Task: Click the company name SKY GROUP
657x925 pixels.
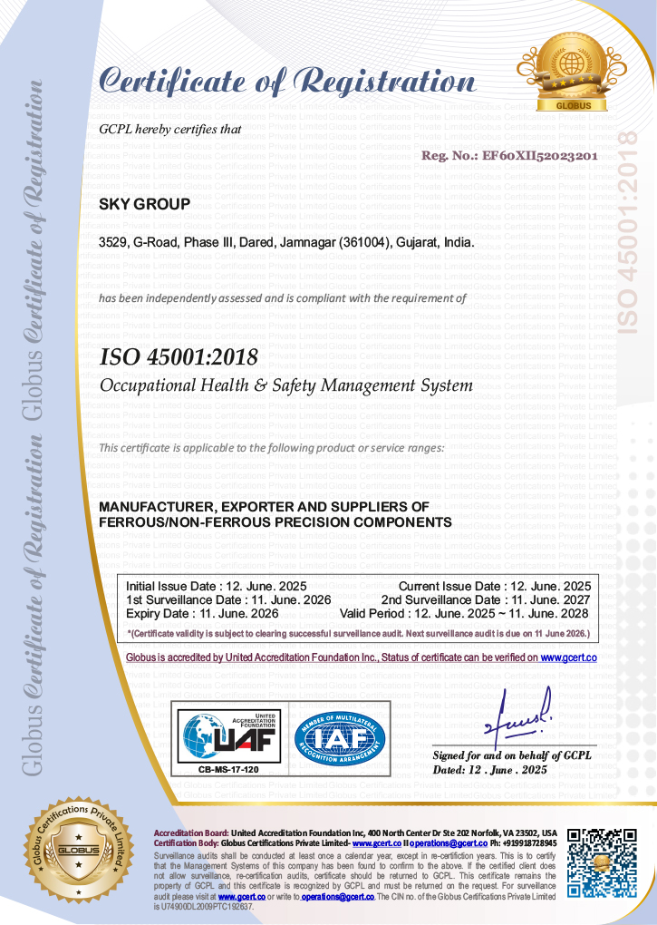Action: (x=144, y=204)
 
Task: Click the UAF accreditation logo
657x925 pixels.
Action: (x=227, y=735)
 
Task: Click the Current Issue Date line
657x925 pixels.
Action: (x=495, y=586)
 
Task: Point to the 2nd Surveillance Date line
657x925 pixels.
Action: (x=486, y=599)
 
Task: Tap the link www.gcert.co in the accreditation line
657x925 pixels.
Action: (x=568, y=657)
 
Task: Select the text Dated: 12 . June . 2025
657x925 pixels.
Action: (x=490, y=769)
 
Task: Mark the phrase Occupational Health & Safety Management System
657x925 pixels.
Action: (x=285, y=385)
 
